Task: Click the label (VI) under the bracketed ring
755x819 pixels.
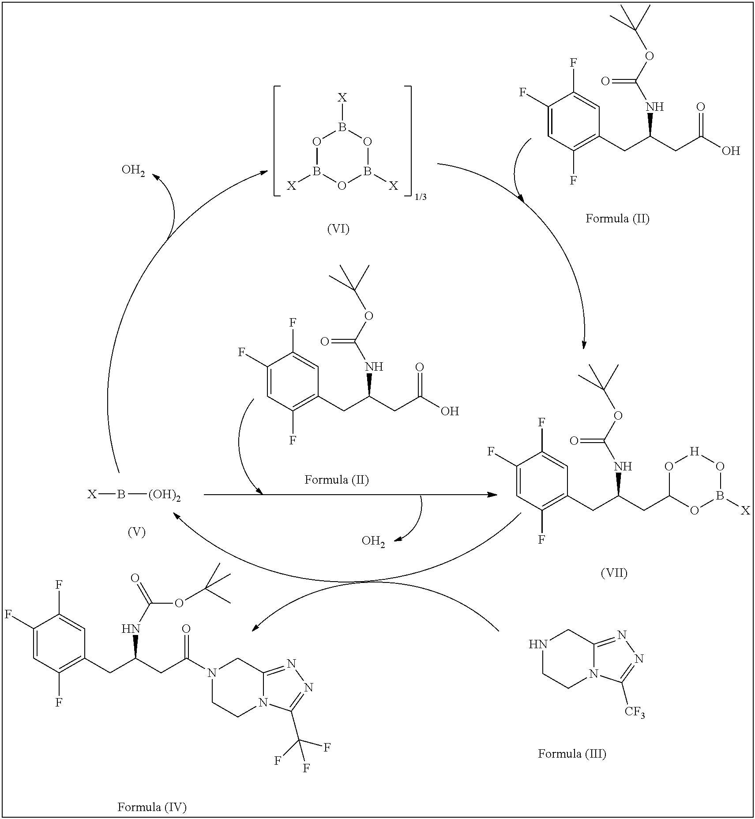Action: coord(338,229)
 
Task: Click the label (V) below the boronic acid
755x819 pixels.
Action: coord(136,532)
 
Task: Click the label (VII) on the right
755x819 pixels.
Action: coord(614,573)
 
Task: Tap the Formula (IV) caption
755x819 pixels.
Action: coord(152,807)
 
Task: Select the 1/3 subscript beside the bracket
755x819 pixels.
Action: coord(421,197)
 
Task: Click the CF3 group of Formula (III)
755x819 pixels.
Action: coord(634,712)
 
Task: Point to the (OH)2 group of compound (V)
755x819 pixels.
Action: coord(164,496)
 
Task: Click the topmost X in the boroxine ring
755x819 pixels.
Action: coord(342,98)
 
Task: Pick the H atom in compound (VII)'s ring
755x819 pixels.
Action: coord(695,451)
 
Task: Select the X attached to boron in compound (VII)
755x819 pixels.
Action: coord(745,511)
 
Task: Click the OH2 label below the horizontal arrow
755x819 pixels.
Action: coord(373,541)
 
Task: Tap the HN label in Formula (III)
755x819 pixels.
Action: coord(538,645)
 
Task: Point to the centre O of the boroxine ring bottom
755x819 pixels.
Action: coord(342,185)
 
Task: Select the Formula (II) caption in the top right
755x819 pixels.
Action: coord(617,218)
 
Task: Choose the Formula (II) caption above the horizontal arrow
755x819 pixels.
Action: coord(337,480)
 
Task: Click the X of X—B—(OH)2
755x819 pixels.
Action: coord(92,495)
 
